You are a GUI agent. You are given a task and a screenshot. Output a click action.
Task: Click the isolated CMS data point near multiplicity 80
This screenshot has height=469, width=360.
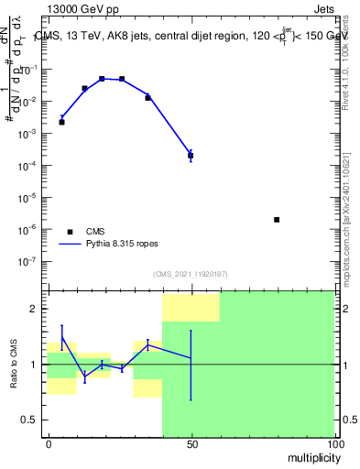point(277,220)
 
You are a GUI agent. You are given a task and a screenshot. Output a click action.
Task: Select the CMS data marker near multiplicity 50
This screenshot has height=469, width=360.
point(191,156)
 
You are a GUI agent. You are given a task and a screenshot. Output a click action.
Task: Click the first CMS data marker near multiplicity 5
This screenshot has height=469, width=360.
point(61,122)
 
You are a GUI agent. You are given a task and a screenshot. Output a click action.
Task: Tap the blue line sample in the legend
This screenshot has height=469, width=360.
point(69,245)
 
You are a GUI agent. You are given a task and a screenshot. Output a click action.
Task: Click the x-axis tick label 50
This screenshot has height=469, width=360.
point(191,444)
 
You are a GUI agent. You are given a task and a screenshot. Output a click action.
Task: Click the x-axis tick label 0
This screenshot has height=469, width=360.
point(48,444)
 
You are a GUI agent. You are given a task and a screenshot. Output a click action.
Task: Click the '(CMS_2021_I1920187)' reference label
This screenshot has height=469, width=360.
point(191,274)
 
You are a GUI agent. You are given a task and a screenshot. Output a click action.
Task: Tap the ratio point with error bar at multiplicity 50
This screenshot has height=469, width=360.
point(191,357)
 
